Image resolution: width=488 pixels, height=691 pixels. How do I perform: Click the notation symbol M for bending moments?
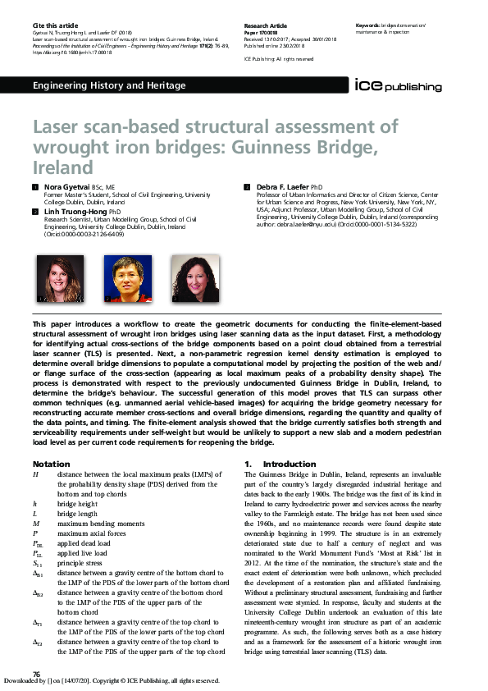tap(36, 522)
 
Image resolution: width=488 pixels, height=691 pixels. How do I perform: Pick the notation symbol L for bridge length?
tap(35, 512)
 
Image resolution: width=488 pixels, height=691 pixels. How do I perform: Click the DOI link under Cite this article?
tap(72, 52)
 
